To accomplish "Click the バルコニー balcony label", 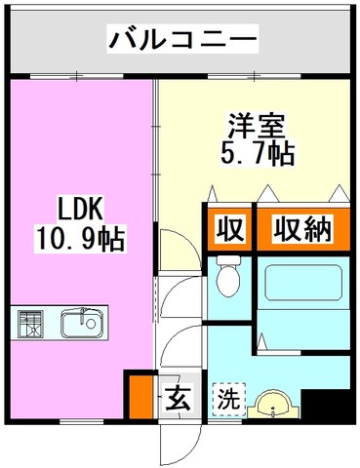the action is pyautogui.click(x=182, y=39).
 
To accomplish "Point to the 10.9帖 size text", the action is pyautogui.click(x=80, y=239).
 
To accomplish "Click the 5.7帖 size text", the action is pyautogui.click(x=258, y=153).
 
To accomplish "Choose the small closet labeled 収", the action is pyautogui.click(x=230, y=229).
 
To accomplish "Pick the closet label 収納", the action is pyautogui.click(x=302, y=229).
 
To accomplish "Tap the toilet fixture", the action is pyautogui.click(x=228, y=276).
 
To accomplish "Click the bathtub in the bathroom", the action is pyautogui.click(x=303, y=285).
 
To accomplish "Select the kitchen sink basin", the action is pyautogui.click(x=82, y=323).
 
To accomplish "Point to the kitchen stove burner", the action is pyautogui.click(x=31, y=324).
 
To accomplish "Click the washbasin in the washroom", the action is pyautogui.click(x=272, y=404).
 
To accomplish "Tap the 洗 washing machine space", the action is pyautogui.click(x=229, y=399).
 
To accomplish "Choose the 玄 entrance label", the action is pyautogui.click(x=178, y=397).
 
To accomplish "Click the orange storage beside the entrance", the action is pyautogui.click(x=141, y=397).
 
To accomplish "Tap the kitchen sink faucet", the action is pyautogui.click(x=83, y=315).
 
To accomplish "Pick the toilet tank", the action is pyautogui.click(x=228, y=260).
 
